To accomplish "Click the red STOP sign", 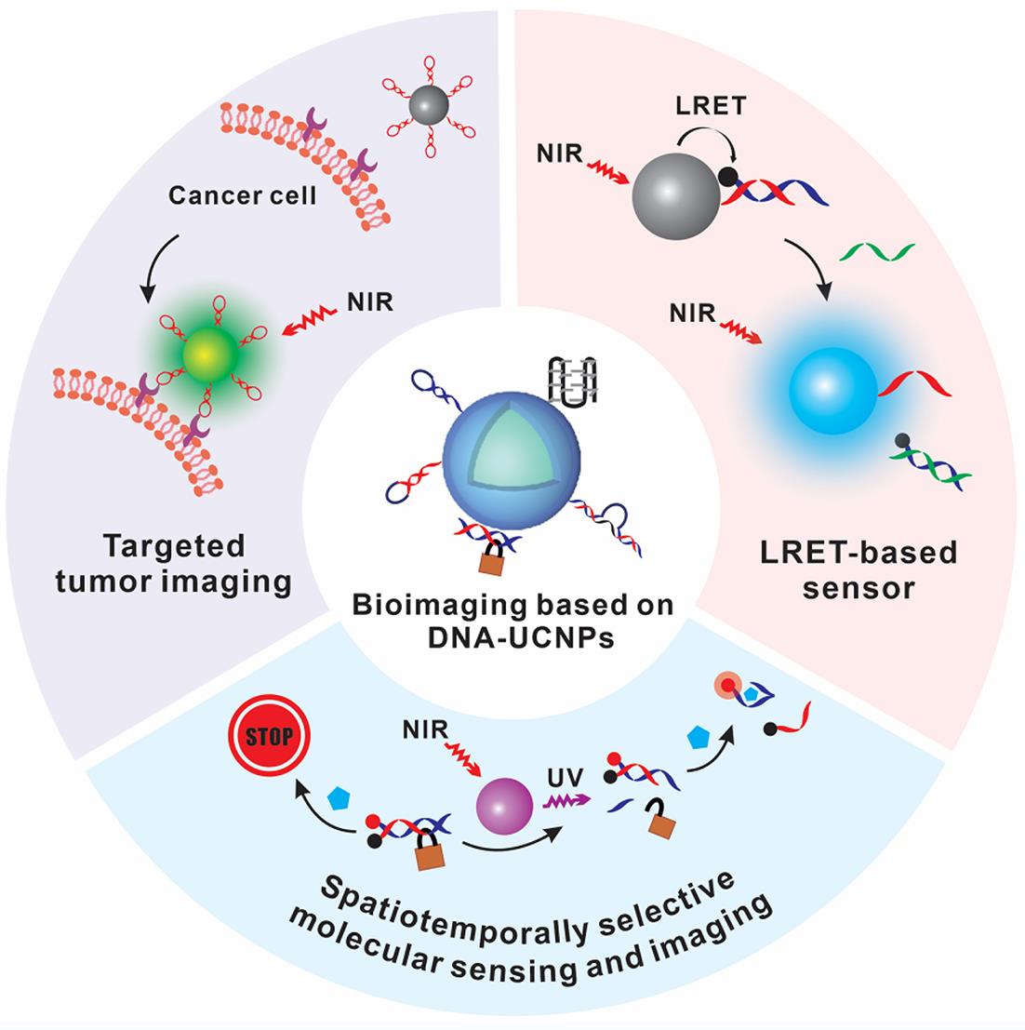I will tap(268, 738).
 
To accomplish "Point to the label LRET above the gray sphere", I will tap(710, 107).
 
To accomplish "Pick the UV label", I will tap(558, 776).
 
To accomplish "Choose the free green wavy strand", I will tap(876, 252).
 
